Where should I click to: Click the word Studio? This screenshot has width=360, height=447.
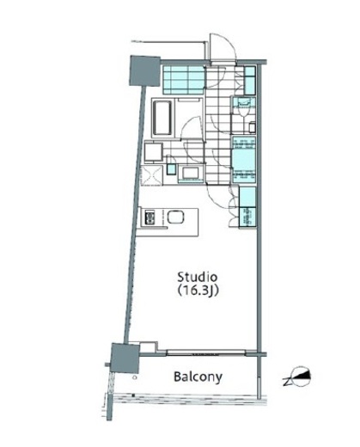pos(198,277)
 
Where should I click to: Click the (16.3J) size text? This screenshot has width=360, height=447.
pos(198,291)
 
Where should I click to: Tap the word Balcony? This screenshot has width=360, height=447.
pos(198,377)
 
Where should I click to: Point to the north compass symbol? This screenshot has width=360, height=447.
pos(298,376)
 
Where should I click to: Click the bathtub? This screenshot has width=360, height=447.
pos(162,118)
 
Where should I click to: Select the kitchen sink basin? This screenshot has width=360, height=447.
pos(175,217)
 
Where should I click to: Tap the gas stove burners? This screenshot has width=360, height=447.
pos(149,217)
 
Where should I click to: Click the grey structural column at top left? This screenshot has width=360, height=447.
pos(145,70)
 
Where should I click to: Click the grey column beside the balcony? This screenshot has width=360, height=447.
pos(125,358)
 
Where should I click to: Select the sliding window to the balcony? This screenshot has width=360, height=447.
pos(205,352)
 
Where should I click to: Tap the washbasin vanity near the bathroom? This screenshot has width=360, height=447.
pos(191,173)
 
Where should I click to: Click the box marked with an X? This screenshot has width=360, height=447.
pos(151,175)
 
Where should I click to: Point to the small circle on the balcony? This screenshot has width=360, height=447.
pos(135,377)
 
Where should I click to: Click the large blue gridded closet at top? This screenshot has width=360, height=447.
pos(184,80)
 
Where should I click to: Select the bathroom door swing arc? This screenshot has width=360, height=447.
pos(191,128)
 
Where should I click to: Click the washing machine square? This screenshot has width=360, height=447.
pos(154,152)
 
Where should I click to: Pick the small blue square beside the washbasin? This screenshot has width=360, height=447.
pos(171,169)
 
